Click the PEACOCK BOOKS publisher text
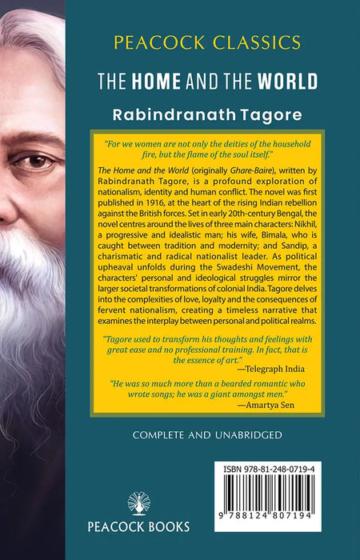tap(140, 527)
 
